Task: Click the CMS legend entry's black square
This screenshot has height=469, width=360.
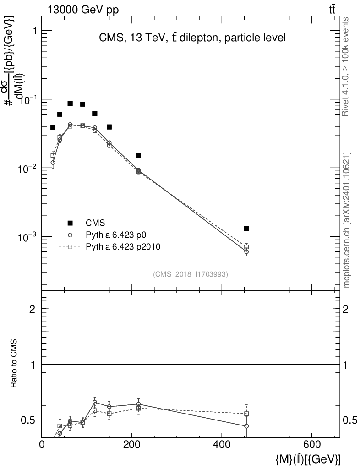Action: [70, 223]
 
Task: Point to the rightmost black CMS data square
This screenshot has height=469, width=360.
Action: [246, 229]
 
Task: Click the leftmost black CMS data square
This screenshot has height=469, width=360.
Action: [53, 127]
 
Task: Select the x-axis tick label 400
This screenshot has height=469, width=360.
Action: [222, 444]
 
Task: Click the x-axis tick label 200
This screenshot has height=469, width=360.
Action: [132, 444]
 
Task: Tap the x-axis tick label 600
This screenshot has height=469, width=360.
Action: [311, 444]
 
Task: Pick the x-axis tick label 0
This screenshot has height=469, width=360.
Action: [42, 444]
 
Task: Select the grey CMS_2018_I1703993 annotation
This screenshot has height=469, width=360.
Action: [191, 274]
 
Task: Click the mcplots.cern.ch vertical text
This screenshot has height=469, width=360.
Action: [347, 220]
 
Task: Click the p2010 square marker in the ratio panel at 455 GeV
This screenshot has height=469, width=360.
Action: [246, 414]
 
